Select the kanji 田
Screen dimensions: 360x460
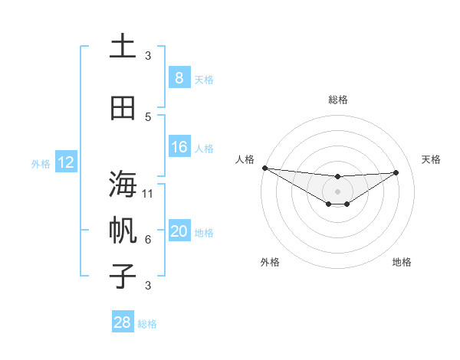point(122,109)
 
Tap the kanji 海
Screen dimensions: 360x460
point(122,185)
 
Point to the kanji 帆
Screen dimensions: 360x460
point(122,230)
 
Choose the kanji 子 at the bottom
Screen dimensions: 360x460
point(122,276)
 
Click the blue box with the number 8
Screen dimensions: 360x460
point(179,78)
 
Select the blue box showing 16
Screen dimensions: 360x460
point(179,147)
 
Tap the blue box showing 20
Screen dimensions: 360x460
point(179,231)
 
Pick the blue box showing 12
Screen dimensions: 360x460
point(65,162)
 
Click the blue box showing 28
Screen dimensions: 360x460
point(122,322)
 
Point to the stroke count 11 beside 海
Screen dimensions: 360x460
point(148,193)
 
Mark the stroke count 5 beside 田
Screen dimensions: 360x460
point(148,117)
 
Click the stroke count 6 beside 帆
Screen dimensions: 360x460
point(148,239)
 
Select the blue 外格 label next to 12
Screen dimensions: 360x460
point(41,163)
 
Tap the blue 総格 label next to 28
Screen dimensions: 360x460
point(147,324)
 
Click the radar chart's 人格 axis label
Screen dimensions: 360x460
point(245,159)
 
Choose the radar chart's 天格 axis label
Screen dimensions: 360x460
point(432,159)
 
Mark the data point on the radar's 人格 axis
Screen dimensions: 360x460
point(264,168)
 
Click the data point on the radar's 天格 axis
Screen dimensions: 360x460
point(396,172)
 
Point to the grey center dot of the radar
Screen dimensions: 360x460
point(337,191)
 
